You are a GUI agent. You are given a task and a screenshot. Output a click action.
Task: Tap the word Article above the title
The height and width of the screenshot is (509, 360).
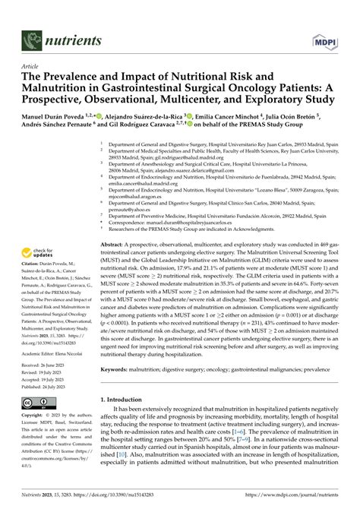pos(31,67)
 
